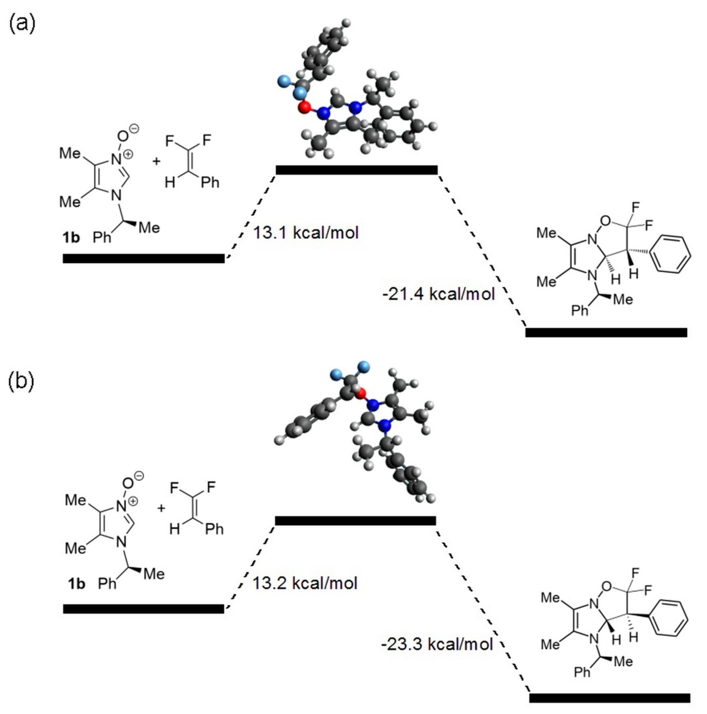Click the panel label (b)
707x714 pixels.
point(21,381)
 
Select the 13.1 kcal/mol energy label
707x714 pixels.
point(305,233)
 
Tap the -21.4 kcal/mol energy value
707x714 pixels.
point(438,294)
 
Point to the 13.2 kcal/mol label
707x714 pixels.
point(305,583)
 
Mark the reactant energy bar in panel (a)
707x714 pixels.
point(143,258)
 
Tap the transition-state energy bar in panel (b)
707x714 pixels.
point(355,521)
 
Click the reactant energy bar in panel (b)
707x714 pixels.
point(143,609)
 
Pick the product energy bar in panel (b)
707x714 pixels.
point(609,698)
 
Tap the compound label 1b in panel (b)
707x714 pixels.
point(76,584)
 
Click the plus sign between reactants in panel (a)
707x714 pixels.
point(156,161)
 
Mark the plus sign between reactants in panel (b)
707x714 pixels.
point(161,508)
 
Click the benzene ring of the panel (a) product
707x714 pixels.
point(670,255)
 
